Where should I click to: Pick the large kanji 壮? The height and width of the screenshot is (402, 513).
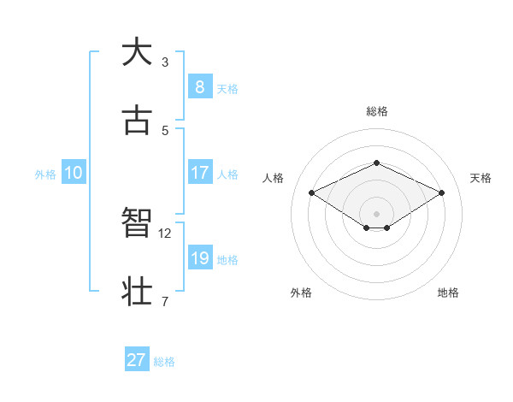pos(137,291)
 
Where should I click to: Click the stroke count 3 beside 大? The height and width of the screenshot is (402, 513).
pos(165,62)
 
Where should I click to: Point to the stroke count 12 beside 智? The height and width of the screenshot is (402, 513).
pos(165,233)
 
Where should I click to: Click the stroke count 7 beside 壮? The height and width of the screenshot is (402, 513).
pos(165,301)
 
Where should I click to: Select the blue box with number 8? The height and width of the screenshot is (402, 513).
pos(200,87)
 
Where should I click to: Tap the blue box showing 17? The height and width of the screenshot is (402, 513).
pos(200,173)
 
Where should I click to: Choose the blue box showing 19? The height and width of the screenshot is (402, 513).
pos(200,258)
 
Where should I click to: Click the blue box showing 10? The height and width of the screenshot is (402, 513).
pos(74,173)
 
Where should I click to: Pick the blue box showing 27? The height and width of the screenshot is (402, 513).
pos(137,360)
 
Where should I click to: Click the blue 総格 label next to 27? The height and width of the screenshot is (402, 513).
pos(164,362)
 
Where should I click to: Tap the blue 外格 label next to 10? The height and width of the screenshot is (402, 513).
pos(45,174)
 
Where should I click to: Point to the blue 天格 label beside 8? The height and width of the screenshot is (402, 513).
pos(227,88)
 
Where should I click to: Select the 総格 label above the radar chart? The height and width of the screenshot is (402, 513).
pos(377,111)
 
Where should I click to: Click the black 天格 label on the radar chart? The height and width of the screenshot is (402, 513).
pos(481,178)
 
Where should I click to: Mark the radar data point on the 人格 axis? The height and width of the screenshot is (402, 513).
pos(311,192)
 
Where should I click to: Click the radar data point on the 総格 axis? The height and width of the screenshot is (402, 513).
pos(377,163)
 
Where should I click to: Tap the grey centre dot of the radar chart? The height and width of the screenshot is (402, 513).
pos(377,213)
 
